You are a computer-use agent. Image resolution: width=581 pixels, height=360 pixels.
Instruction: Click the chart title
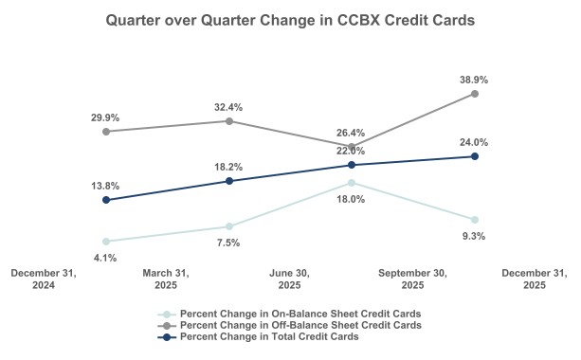pyautogui.click(x=290, y=19)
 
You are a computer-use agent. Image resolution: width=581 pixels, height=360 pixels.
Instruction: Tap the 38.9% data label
pyautogui.click(x=475, y=76)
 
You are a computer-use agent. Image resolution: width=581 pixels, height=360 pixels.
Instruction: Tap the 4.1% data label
pyautogui.click(x=105, y=258)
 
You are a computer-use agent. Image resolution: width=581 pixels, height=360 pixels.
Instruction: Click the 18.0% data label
pyautogui.click(x=352, y=200)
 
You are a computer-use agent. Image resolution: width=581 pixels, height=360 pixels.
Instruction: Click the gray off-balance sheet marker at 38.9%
pyautogui.click(x=475, y=94)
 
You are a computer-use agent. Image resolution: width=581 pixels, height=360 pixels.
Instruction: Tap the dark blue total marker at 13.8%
pyautogui.click(x=105, y=200)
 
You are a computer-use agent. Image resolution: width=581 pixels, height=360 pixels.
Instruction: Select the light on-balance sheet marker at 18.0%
pyautogui.click(x=352, y=183)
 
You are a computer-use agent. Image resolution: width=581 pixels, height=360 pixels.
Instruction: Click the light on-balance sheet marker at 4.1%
pyautogui.click(x=105, y=242)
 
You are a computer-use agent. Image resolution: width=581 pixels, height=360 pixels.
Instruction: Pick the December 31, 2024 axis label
pyautogui.click(x=44, y=279)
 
